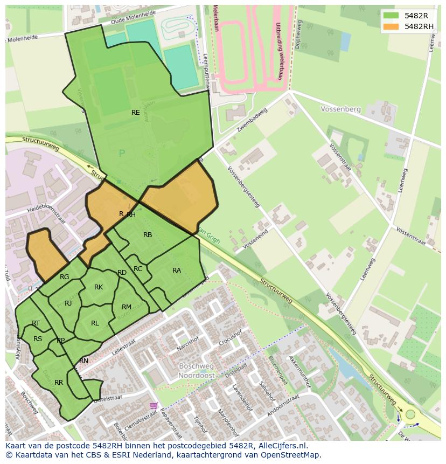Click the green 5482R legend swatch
pos(392,15)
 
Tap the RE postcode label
pos(136,113)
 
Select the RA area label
pos(177,271)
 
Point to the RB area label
pos(148,235)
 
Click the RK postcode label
pos(99,287)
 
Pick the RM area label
pos(127,307)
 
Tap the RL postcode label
pos(95,323)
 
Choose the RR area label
pos(59,383)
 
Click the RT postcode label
pos(36,323)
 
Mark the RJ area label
pos(68,303)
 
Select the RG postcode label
pos(65,277)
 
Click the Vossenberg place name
pos(340,109)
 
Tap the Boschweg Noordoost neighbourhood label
pos(197,370)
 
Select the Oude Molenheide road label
pos(133,18)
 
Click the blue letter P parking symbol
pos(122,154)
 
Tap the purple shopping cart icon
pos(154,405)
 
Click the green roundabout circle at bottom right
pos(410,414)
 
